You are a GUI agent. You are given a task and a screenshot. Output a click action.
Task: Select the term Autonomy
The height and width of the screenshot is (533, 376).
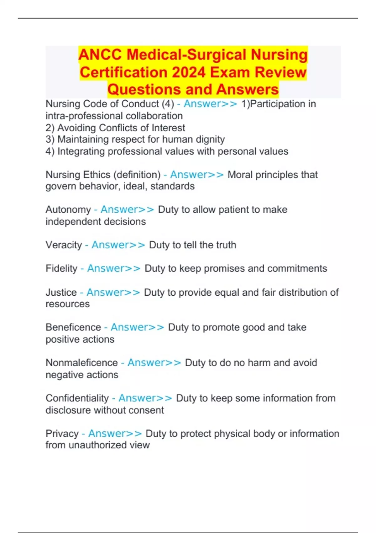coord(68,209)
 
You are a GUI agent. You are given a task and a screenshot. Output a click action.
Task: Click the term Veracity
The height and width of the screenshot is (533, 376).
coord(64,245)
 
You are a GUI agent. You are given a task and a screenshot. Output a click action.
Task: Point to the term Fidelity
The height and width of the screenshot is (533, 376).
coord(61,268)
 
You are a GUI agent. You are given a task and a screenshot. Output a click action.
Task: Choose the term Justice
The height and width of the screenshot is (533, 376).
coord(61,292)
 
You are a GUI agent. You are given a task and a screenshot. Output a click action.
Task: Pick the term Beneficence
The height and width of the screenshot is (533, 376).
coord(73,327)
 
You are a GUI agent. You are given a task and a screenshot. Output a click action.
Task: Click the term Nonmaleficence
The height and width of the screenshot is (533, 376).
coord(81,363)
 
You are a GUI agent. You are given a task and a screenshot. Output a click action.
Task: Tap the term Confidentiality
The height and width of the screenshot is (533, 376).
coord(77,398)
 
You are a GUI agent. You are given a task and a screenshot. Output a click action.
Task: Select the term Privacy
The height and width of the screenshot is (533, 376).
coord(62,434)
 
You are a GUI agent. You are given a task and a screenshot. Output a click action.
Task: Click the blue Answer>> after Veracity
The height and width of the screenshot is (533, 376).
coord(118,245)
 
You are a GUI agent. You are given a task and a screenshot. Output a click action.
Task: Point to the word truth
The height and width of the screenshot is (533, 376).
coord(224,245)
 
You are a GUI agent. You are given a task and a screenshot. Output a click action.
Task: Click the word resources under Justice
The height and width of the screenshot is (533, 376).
coord(68,304)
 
